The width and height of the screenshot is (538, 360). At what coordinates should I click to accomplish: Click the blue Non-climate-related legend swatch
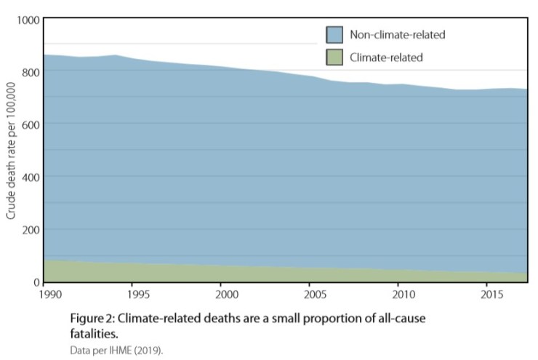(334, 34)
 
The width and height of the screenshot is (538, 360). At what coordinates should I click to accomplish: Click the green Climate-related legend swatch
(334, 56)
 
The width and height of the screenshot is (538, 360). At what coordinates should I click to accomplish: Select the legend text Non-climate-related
(397, 34)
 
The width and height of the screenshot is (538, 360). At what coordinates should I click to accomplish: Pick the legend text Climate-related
(386, 56)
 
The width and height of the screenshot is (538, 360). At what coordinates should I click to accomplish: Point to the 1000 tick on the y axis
(26, 20)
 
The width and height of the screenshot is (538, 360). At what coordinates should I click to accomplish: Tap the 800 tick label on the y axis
(28, 72)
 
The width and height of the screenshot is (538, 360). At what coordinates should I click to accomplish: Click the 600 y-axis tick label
(28, 124)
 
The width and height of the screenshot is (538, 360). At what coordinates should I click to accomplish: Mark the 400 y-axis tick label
(28, 177)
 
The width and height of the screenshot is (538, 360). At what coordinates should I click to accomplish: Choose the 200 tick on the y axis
(28, 230)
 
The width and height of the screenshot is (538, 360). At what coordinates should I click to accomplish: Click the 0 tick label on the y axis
(35, 282)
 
